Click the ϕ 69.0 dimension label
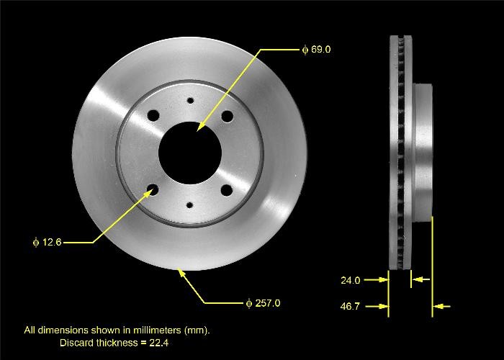(317, 50)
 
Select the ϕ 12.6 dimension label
(47, 243)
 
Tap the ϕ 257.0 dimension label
(263, 303)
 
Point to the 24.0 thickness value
(351, 280)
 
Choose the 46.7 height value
(351, 307)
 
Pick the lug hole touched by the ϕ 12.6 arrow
(153, 190)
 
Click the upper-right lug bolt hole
(228, 116)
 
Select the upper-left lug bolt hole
(153, 115)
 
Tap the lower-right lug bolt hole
(228, 190)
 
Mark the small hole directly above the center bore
(190, 102)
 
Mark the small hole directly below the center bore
(190, 204)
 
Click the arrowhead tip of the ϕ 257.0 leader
(180, 271)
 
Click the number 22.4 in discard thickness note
(159, 343)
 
